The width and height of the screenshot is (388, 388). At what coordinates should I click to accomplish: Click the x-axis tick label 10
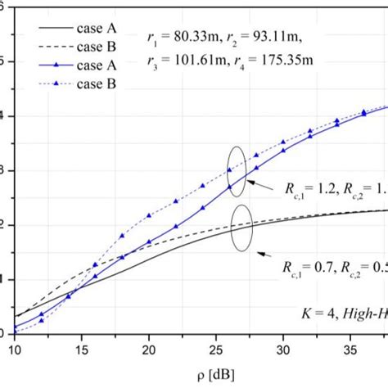[16, 349]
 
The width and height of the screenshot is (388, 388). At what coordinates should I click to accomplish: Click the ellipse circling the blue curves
[234, 169]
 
